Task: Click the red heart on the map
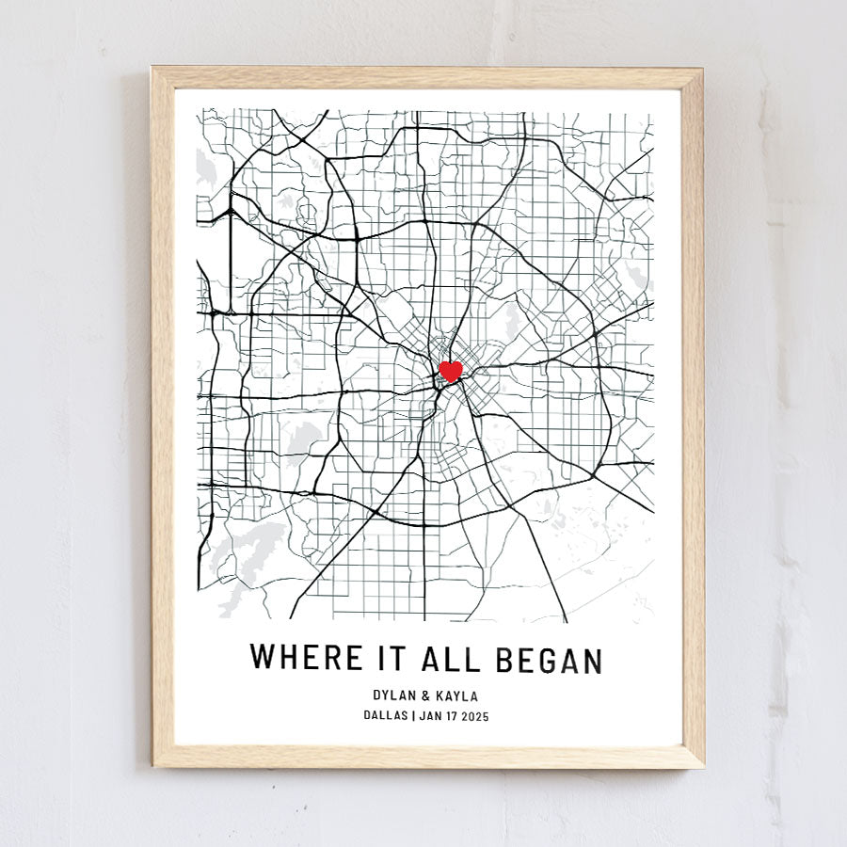point(451,371)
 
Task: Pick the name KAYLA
point(455,696)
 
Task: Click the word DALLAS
point(386,715)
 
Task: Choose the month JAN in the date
point(429,715)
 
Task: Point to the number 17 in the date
point(450,715)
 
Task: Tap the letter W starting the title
point(263,658)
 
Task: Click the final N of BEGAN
point(591,659)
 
